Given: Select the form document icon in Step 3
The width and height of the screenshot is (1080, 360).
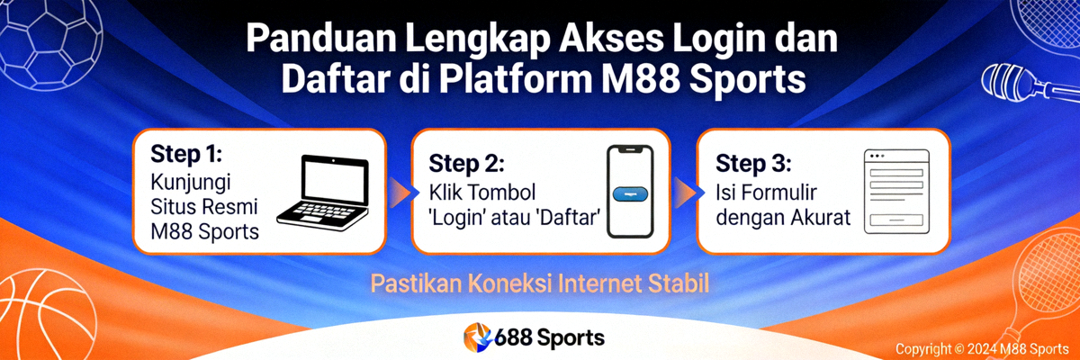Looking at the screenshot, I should click(x=894, y=192).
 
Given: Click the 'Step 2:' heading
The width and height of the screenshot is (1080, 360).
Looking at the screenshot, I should click(x=466, y=163).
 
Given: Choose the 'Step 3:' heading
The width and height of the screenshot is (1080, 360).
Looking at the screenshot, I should click(x=753, y=163).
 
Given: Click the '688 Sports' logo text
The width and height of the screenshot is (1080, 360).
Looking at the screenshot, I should click(x=549, y=338).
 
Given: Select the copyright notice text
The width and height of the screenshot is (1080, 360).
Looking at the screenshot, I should click(x=981, y=348).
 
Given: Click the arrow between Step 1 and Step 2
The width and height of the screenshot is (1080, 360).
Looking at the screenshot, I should click(x=398, y=190).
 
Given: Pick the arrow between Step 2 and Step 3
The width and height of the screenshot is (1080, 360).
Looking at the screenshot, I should click(x=684, y=190).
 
